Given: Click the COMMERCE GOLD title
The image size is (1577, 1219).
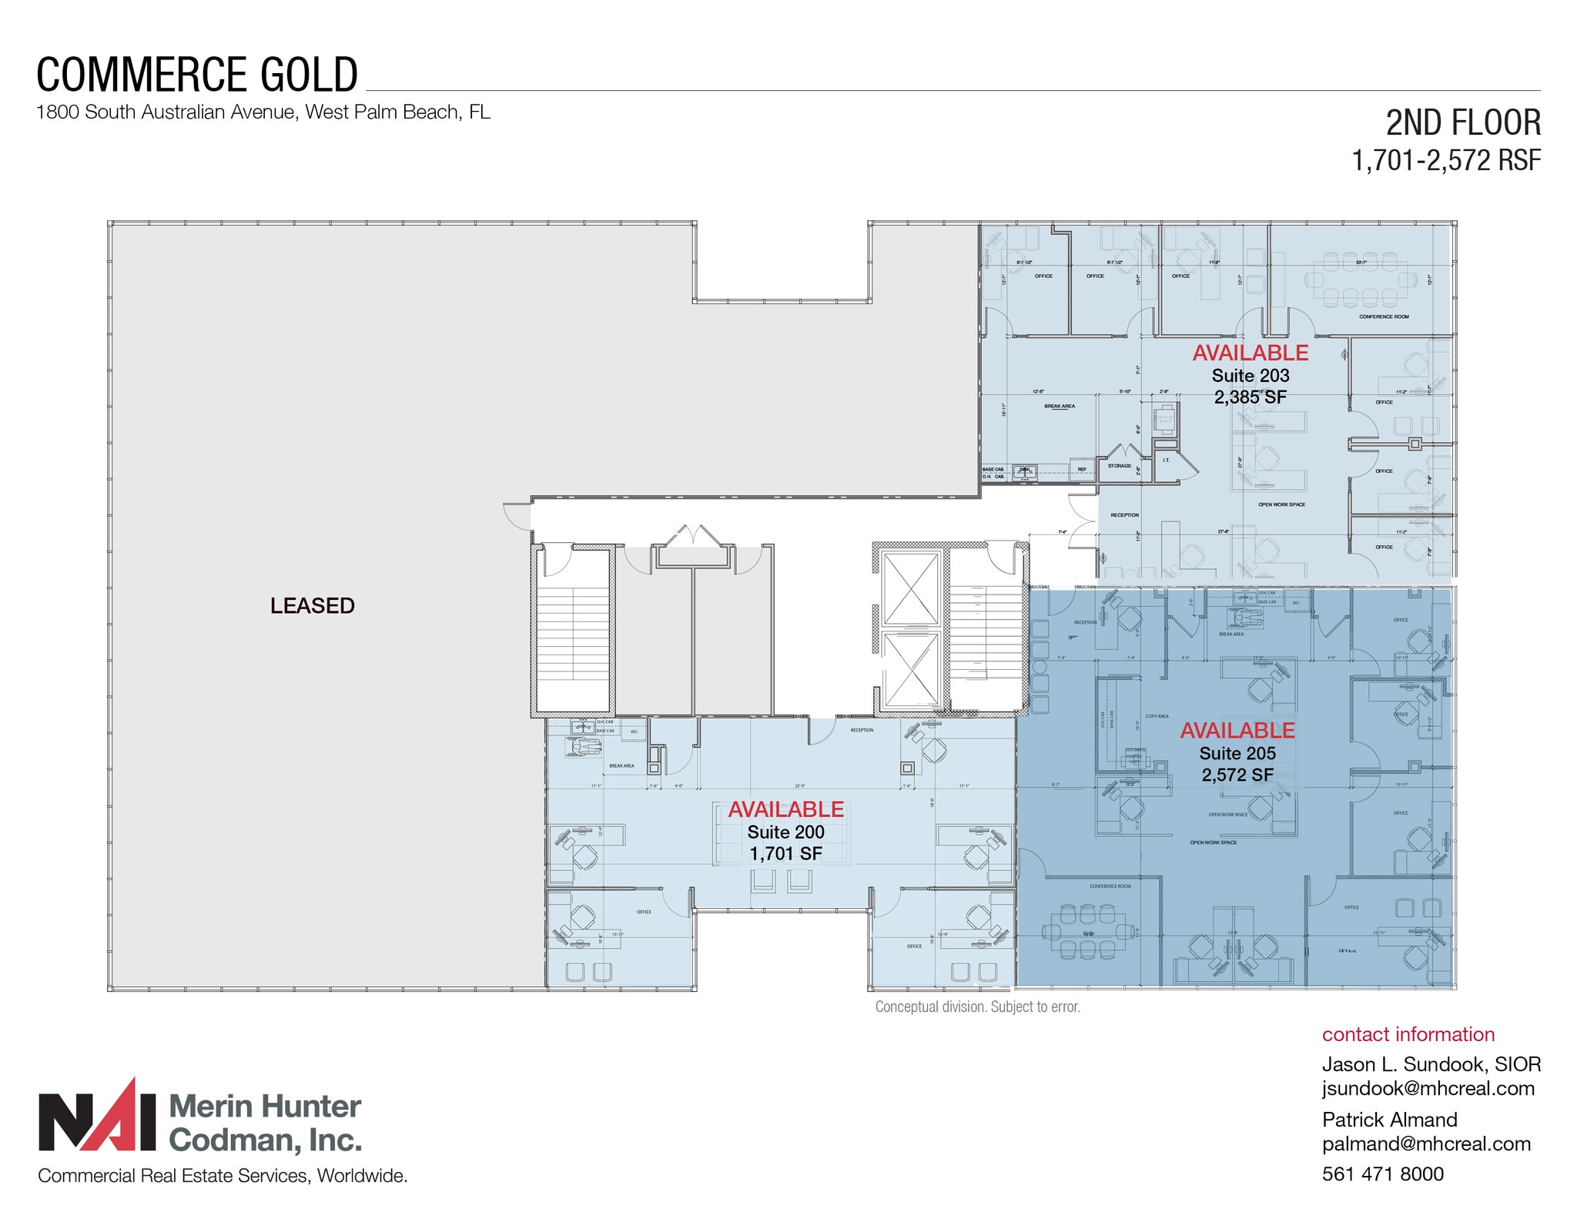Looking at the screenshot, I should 197,75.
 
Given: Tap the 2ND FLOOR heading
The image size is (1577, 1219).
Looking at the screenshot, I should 1463,123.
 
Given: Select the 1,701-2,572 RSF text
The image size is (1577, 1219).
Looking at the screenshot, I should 1446,160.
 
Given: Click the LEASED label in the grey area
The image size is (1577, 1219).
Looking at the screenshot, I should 312,605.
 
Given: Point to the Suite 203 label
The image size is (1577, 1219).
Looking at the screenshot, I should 1250,376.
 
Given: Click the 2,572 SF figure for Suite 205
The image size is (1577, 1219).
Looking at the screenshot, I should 1237,775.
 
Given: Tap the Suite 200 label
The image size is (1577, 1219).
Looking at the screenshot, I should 785,832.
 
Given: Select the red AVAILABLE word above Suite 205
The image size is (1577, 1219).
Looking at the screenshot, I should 1237,730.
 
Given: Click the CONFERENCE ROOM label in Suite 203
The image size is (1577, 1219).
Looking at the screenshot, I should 1384,316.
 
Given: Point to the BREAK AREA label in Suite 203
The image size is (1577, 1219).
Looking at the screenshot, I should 1060,406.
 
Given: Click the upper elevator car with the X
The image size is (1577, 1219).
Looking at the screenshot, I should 911,589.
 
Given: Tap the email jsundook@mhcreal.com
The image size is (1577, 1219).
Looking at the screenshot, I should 1428,1088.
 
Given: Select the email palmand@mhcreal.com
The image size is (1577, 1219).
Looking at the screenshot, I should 1426,1144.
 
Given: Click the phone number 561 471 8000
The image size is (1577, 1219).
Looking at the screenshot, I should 1383,1174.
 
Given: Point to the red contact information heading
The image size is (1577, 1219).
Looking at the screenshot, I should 1408,1034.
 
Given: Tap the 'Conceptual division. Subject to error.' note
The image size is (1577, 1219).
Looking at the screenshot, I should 977,1006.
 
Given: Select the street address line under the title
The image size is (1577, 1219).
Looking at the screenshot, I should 263,112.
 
